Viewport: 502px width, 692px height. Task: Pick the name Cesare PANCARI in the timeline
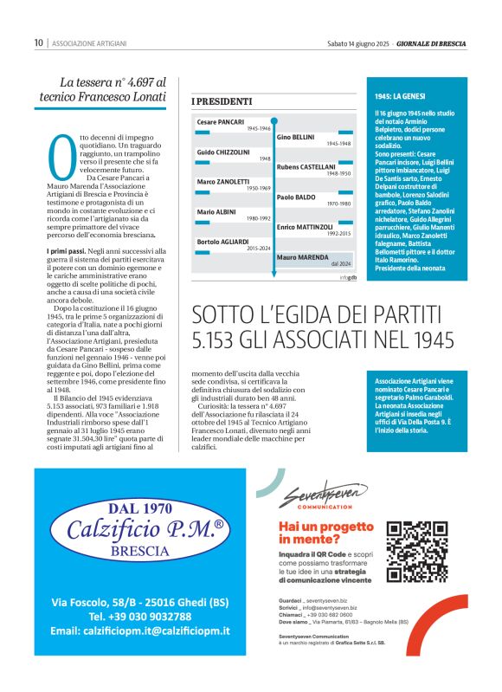221,122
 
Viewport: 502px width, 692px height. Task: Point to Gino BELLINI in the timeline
295,137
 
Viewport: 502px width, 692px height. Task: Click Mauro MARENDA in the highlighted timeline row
302,257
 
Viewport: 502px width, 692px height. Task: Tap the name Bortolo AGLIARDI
222,241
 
